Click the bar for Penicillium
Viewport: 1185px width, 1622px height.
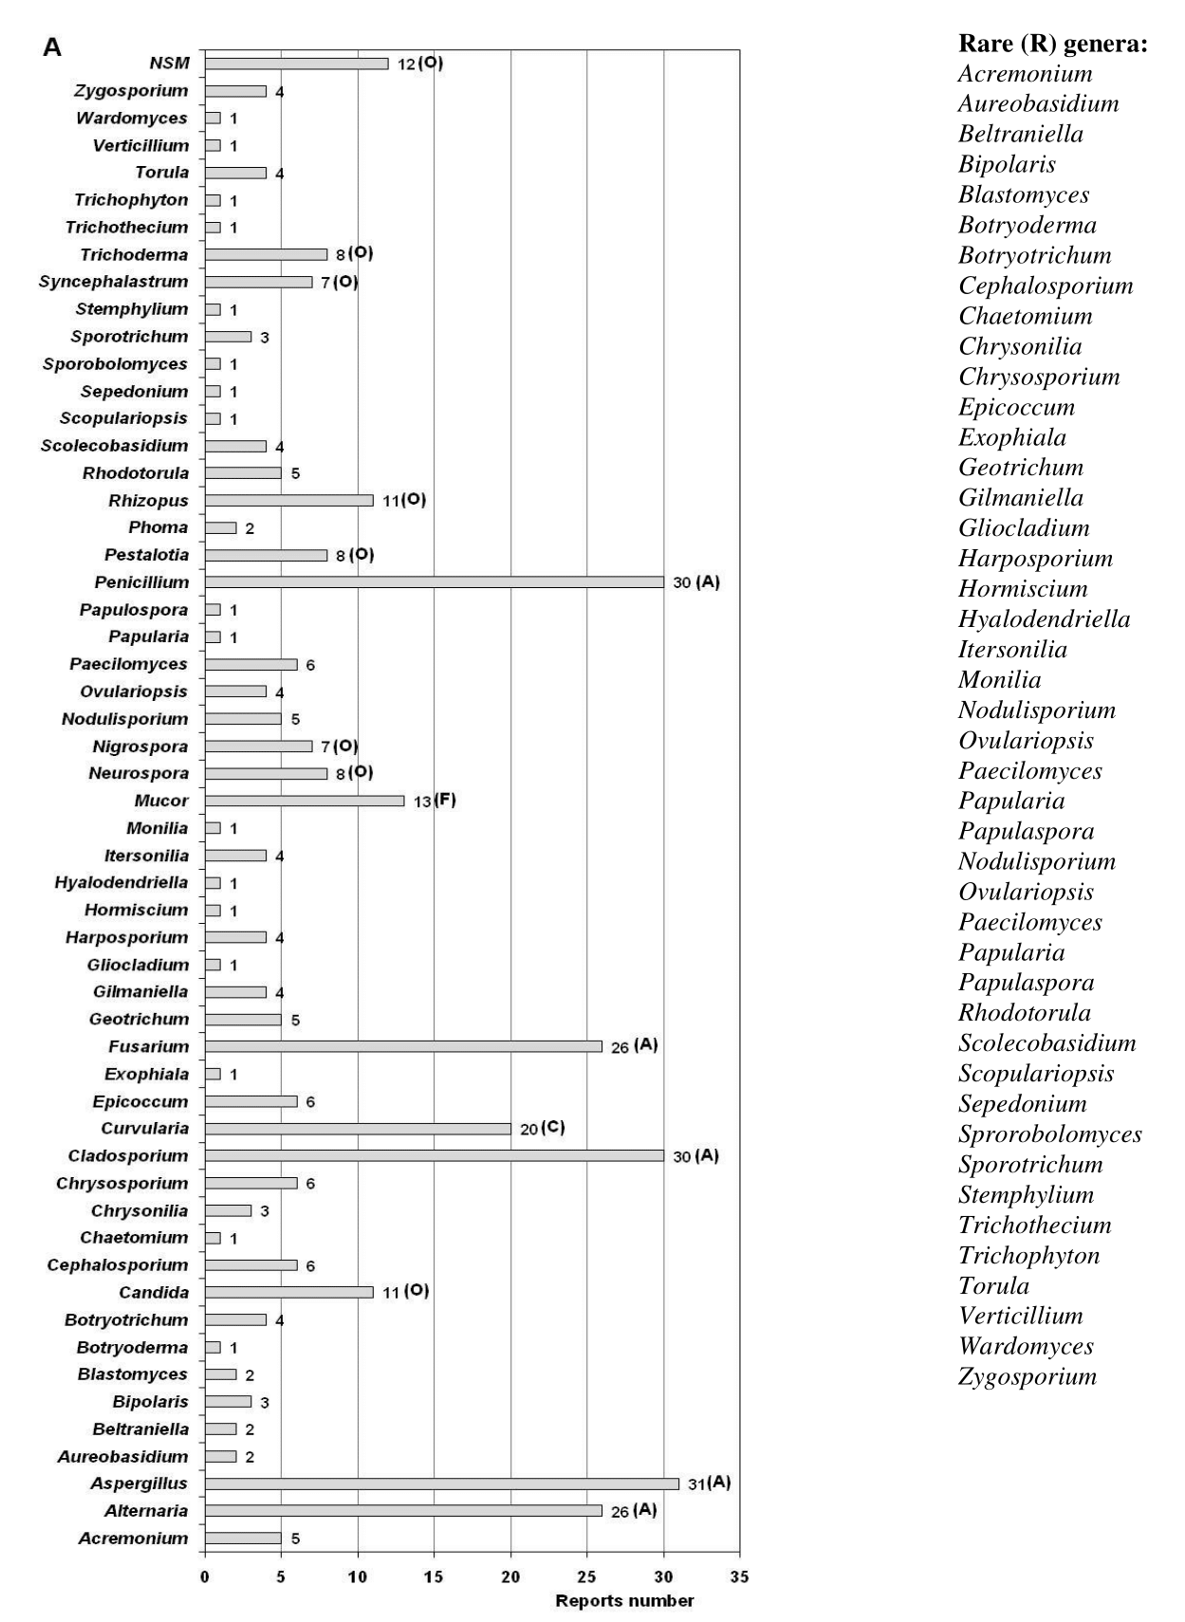tap(434, 582)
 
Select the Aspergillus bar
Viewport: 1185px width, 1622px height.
tap(441, 1484)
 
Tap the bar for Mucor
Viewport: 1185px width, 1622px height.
tap(304, 801)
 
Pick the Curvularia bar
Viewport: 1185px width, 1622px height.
tap(357, 1129)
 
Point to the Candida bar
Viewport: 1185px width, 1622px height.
tap(288, 1292)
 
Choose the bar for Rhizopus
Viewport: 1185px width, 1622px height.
tap(288, 500)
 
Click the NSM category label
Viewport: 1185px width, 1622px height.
tap(170, 64)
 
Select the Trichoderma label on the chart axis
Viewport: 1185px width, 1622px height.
tap(134, 254)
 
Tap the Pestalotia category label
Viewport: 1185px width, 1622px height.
tap(146, 555)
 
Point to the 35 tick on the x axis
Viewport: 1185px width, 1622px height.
tap(739, 1576)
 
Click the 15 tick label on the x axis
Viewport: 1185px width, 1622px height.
tap(434, 1576)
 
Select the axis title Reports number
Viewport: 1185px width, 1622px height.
tap(624, 1601)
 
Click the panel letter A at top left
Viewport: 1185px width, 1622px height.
tap(52, 47)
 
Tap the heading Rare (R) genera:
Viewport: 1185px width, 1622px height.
tap(1052, 44)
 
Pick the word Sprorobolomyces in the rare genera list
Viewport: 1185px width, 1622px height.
tap(1049, 1134)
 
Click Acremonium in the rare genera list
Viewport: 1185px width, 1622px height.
tap(1025, 74)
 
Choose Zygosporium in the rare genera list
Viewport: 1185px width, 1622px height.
tap(1028, 1376)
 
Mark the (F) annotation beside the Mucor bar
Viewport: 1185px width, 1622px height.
tap(445, 800)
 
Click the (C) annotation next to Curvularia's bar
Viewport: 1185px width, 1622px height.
tap(554, 1127)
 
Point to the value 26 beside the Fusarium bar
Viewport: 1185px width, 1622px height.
tap(620, 1047)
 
